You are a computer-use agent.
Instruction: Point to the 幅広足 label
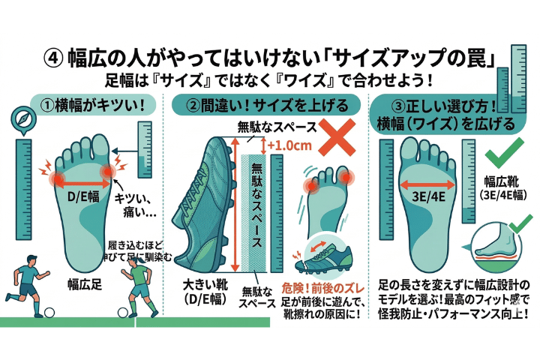point(79,286)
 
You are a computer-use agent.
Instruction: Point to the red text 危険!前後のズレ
point(322,286)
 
